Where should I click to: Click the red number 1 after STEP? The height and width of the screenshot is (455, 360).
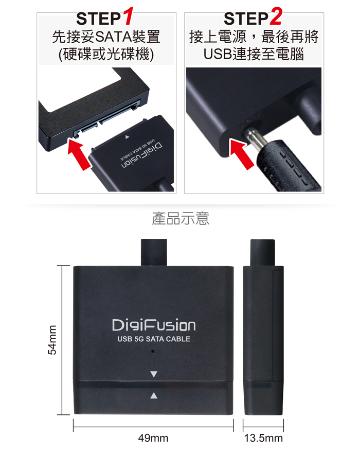[127, 16]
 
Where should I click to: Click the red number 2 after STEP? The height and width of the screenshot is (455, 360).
[276, 16]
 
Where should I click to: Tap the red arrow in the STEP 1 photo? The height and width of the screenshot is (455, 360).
[79, 154]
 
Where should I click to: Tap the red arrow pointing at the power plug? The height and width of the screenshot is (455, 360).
[241, 153]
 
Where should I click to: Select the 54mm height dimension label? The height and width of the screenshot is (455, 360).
[52, 340]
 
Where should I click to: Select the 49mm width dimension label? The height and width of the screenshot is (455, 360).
[153, 438]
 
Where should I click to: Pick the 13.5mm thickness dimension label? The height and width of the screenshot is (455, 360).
[263, 438]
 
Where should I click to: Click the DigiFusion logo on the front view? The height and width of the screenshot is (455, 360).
[154, 325]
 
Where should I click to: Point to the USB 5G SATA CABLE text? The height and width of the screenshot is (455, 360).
[154, 339]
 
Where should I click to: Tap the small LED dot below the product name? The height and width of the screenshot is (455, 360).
[153, 352]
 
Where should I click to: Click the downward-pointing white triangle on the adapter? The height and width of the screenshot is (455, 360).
[154, 374]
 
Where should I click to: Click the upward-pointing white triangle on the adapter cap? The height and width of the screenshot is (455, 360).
[154, 395]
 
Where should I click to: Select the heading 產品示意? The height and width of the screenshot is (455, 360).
[181, 219]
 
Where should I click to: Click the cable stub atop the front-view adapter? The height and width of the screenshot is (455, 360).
[154, 252]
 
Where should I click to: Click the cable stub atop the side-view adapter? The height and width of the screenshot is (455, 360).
[263, 253]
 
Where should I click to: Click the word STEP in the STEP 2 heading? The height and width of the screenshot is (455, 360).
[246, 19]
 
